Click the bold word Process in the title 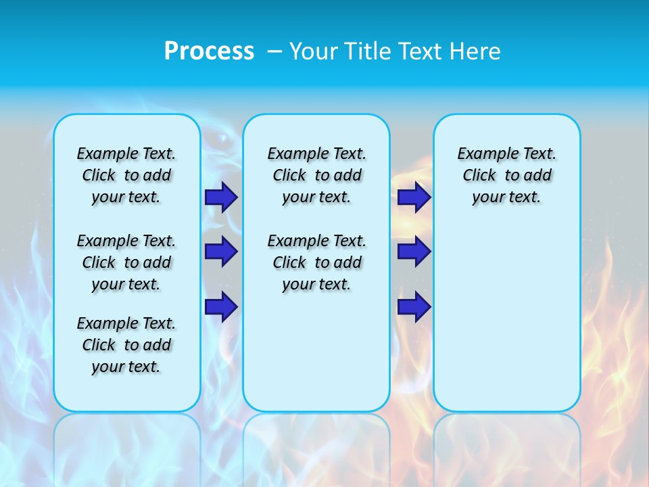pyautogui.click(x=209, y=51)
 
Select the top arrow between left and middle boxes pyautogui.click(x=221, y=198)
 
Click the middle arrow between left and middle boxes pyautogui.click(x=221, y=252)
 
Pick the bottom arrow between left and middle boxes pyautogui.click(x=221, y=306)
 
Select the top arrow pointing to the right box pyautogui.click(x=414, y=198)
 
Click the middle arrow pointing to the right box pyautogui.click(x=414, y=252)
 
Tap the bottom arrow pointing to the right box pyautogui.click(x=414, y=306)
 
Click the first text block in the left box pyautogui.click(x=126, y=175)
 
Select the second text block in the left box pyautogui.click(x=126, y=262)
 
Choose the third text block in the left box pyautogui.click(x=126, y=345)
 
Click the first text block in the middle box pyautogui.click(x=316, y=175)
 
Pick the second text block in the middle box pyautogui.click(x=316, y=262)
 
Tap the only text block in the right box pyautogui.click(x=506, y=175)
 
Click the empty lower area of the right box pyautogui.click(x=506, y=318)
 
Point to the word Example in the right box pyautogui.click(x=483, y=154)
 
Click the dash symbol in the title pyautogui.click(x=275, y=51)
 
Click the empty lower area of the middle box pyautogui.click(x=316, y=352)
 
